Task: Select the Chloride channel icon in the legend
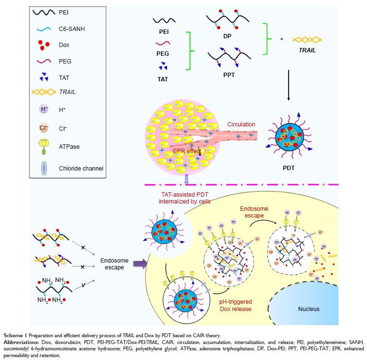click(x=44, y=168)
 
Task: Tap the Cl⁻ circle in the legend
click(x=44, y=128)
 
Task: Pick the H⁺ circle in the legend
click(x=44, y=110)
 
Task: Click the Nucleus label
click(x=308, y=309)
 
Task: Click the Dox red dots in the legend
click(x=44, y=51)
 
